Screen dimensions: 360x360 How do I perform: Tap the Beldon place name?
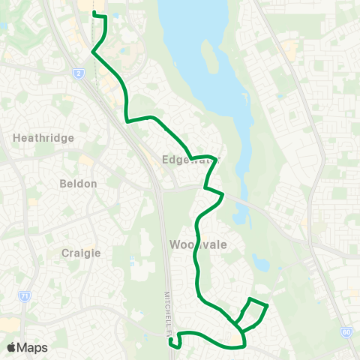coord(78,183)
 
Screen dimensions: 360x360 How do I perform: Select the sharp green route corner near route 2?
coord(92,52)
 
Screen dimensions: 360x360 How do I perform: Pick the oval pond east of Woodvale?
coord(260,263)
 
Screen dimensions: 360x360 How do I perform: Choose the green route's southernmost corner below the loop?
coord(244,346)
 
